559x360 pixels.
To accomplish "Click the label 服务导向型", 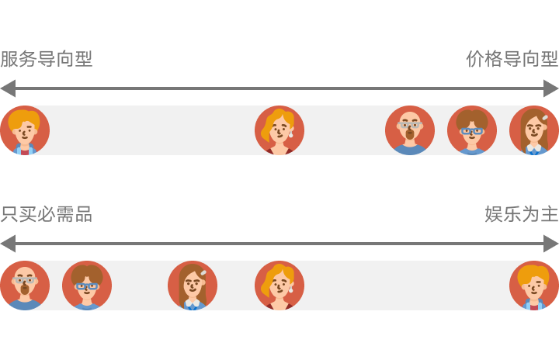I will tap(47, 59).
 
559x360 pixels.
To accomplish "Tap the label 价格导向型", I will tap(512, 59).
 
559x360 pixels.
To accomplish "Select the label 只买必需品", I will tap(47, 214).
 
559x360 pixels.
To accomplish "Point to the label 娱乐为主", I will tap(522, 214).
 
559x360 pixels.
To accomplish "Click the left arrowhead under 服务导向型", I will tap(7, 88).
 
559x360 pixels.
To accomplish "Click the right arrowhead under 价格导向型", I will tap(552, 88).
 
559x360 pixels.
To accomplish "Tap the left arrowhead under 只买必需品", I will tap(7, 243).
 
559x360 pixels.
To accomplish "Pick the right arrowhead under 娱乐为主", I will tap(552, 243).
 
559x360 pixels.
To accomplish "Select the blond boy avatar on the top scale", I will tap(25, 130).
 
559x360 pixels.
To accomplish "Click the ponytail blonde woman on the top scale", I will tap(279, 130).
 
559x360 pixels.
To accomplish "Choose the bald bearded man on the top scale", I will tap(410, 130).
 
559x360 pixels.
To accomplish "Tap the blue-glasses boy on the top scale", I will tap(472, 130).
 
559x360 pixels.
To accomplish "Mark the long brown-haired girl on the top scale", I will tap(534, 130).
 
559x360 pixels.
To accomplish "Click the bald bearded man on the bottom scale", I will tap(25, 286).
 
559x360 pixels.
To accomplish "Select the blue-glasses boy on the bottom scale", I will tap(87, 286).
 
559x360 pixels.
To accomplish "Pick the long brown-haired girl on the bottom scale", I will tap(193, 286).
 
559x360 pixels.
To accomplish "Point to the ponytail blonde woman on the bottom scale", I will tap(279, 286).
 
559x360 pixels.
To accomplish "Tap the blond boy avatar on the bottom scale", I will tap(534, 286).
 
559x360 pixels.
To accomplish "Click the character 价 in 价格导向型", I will tap(475, 59).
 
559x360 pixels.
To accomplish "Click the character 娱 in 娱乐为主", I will tap(494, 214).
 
